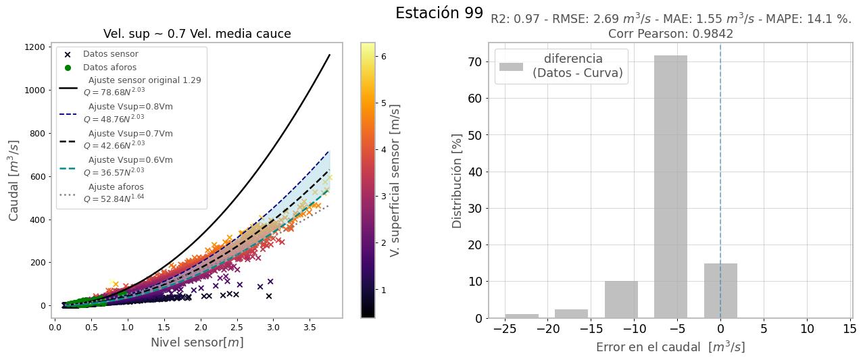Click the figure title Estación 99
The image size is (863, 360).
click(x=439, y=13)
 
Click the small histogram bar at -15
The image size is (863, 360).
click(x=571, y=313)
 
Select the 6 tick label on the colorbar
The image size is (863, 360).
click(x=385, y=57)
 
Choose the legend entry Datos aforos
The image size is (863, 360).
click(x=109, y=68)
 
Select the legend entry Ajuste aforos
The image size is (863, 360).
click(x=116, y=187)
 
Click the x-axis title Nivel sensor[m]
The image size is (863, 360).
click(x=197, y=342)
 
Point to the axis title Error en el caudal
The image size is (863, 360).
click(x=670, y=347)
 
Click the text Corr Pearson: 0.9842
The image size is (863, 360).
click(x=670, y=34)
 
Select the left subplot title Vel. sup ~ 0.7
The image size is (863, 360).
click(x=197, y=34)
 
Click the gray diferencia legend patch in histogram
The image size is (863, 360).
click(x=511, y=66)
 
